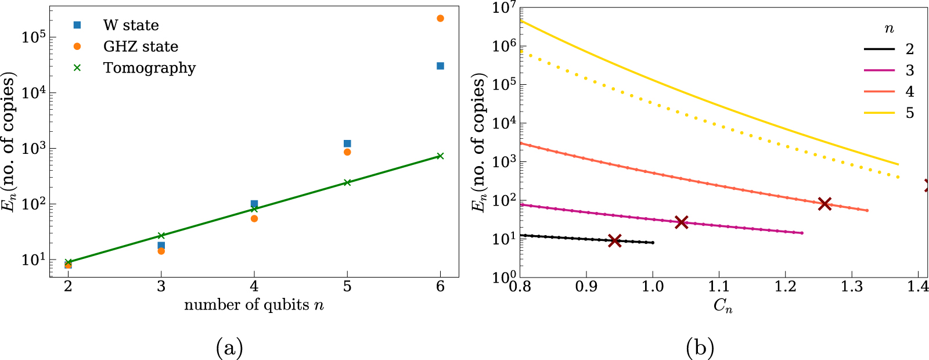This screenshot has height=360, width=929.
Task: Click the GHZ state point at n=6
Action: [x=440, y=19]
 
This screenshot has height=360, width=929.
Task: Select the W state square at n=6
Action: [x=440, y=66]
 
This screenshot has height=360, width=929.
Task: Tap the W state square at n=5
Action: [x=347, y=143]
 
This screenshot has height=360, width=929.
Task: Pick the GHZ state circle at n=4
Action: [x=254, y=218]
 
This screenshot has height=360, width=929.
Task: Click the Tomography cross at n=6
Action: [x=440, y=156]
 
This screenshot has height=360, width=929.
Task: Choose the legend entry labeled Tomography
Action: [x=149, y=68]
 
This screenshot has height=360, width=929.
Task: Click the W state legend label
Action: [x=131, y=26]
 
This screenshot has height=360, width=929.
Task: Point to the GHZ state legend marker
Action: [x=77, y=46]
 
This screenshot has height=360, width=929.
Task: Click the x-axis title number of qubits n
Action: [x=254, y=305]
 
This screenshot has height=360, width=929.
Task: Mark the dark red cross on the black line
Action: [x=615, y=240]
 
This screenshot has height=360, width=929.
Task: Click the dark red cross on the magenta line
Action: [x=682, y=222]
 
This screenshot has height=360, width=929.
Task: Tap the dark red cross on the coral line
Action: [x=824, y=203]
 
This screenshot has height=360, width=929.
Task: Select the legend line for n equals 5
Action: [x=879, y=113]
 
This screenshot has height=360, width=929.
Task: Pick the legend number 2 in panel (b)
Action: [x=909, y=49]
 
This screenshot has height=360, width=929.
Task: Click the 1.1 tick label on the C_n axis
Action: [x=719, y=287]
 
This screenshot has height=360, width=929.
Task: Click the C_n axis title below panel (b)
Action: [x=723, y=306]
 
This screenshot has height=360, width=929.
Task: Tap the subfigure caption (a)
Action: [x=229, y=348]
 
